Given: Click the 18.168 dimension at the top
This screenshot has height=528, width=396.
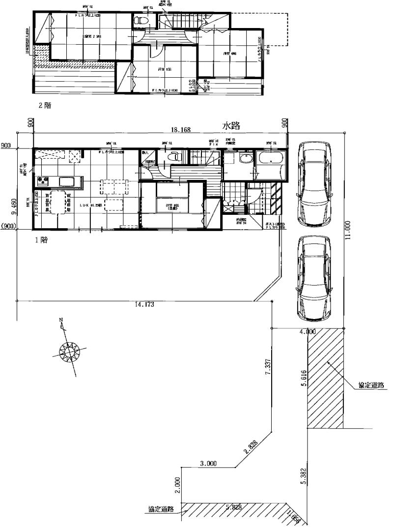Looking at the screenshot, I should pos(181,130).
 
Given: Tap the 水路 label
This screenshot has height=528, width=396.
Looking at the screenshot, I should pos(231,126).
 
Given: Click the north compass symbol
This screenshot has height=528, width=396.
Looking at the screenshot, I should pos(69,350).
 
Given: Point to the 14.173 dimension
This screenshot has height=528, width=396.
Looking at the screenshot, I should pos(144,305).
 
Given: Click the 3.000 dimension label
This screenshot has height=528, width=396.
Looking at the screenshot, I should pos(208,464).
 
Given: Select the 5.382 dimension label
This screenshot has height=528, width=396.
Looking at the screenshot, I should pos(305,476).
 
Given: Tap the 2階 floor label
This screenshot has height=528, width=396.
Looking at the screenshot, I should pos(45,105).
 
